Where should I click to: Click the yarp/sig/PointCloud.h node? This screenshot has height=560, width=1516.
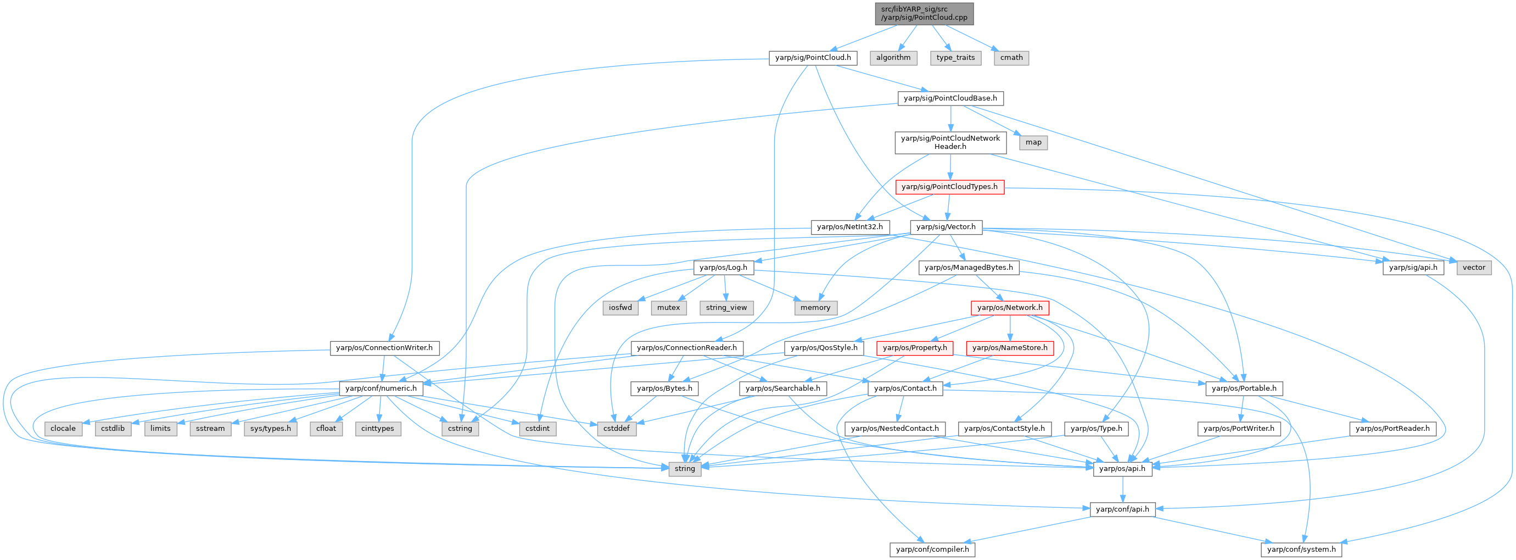coord(813,58)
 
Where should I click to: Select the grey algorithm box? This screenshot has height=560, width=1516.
coord(893,58)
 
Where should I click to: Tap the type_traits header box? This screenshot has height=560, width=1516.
coord(955,58)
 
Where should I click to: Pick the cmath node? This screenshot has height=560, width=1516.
coord(1011,58)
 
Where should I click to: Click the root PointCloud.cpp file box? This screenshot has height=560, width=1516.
coord(924,14)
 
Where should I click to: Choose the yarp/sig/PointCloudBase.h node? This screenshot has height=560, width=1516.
coord(950,98)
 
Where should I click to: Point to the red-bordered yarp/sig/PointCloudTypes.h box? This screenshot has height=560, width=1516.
coord(949,187)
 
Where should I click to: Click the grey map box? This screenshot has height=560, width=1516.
coord(1033,142)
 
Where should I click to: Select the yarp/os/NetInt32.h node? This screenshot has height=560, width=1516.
coord(850,227)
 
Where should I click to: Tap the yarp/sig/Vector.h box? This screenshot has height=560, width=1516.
coord(946,227)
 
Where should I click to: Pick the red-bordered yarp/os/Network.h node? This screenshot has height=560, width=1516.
coord(1009,307)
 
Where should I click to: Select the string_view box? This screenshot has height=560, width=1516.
coord(726,307)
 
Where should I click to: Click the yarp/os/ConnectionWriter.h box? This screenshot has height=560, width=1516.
coord(384,348)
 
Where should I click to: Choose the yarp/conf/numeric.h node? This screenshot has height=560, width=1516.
coord(381,388)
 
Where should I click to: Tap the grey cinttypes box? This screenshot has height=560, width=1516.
coord(377,428)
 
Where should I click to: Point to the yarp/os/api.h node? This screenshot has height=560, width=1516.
coord(1122,468)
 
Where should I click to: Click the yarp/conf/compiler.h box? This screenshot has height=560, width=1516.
coord(932,549)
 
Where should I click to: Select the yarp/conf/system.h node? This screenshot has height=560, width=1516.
coord(1301,549)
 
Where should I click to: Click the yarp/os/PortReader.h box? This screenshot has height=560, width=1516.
coord(1392,428)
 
